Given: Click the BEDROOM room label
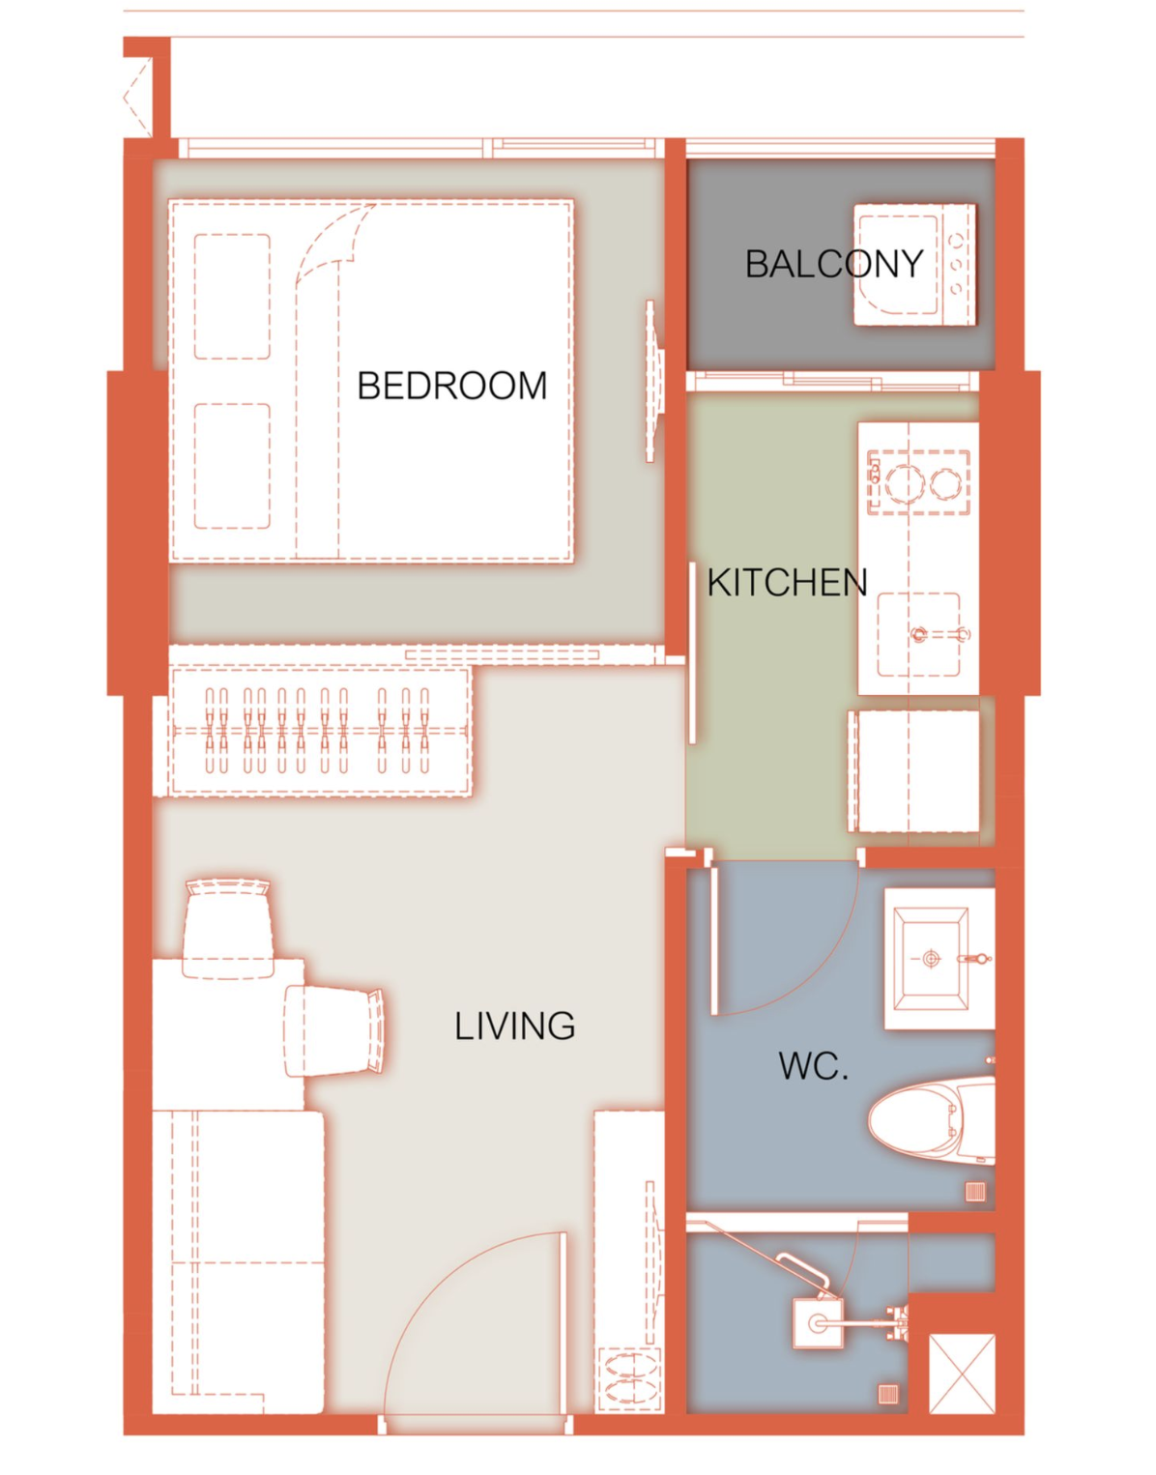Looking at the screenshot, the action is (452, 387).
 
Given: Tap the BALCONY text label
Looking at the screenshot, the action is (834, 264).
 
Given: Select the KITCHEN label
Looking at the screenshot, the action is (788, 583).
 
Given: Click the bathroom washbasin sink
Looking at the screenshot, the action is (932, 959).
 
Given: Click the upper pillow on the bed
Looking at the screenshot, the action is (232, 297).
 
